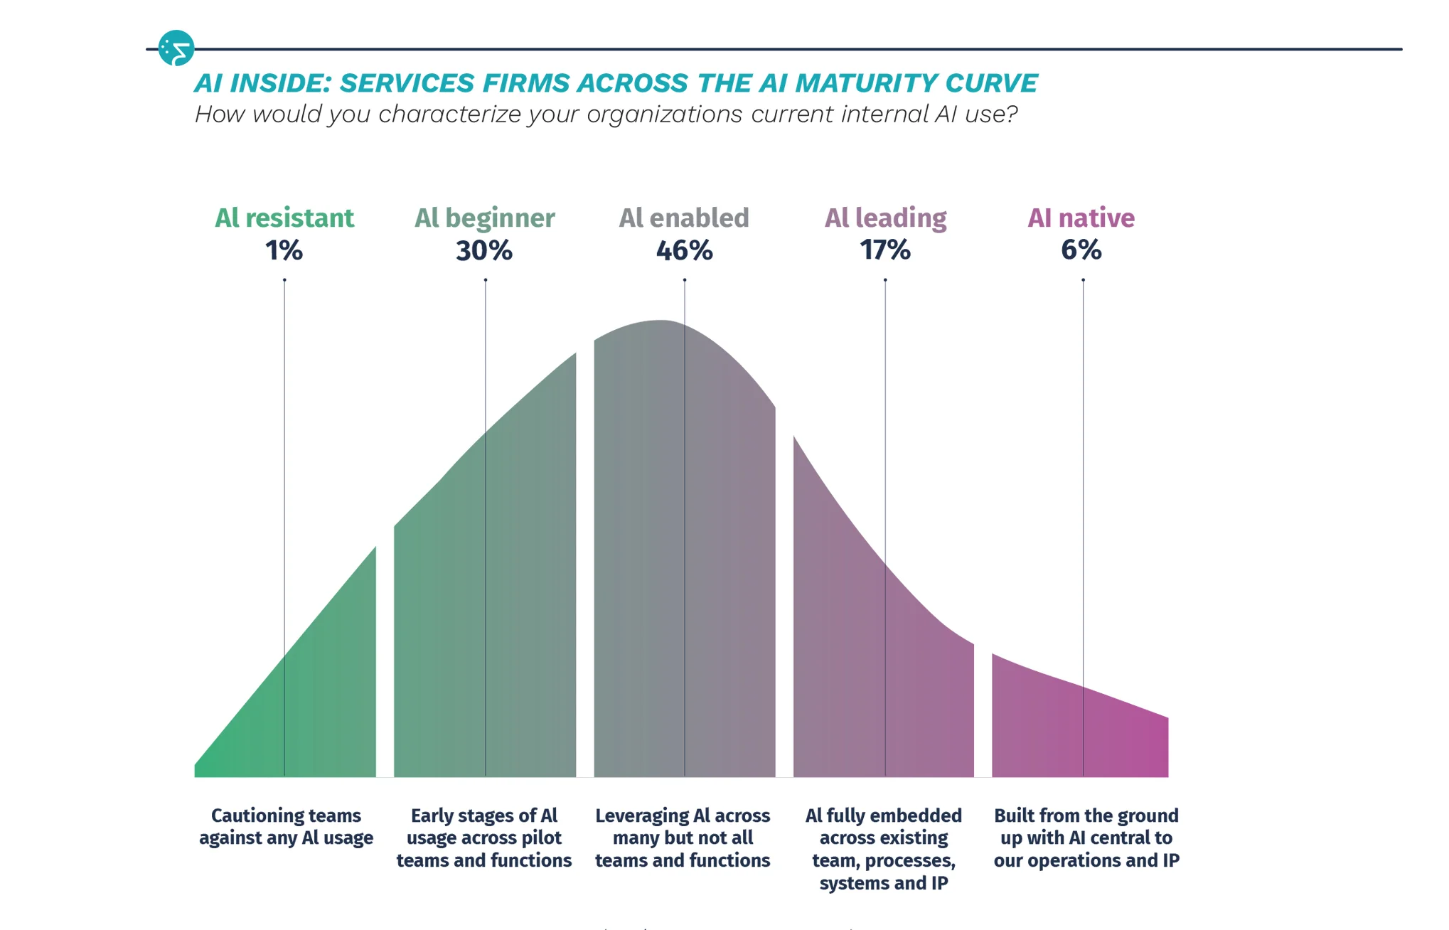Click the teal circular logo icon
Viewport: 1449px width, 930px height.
(176, 48)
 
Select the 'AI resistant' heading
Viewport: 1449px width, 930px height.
(284, 218)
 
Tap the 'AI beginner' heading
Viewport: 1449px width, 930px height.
(485, 218)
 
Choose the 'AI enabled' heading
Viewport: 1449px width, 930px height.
(684, 218)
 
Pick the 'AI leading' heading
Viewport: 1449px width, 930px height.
(886, 218)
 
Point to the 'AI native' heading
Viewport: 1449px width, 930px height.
(1081, 218)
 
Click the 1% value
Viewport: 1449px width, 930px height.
(284, 250)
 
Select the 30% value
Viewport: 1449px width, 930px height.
(484, 250)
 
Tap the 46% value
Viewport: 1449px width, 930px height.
(684, 250)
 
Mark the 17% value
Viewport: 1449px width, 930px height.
(885, 250)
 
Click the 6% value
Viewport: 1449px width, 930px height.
(1081, 250)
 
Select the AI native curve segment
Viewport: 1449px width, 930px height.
(1080, 732)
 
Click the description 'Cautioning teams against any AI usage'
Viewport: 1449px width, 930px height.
(286, 827)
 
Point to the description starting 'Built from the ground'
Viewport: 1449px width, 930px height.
(1086, 838)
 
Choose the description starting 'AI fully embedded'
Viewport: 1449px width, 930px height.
(884, 849)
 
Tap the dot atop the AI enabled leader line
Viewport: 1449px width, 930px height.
(685, 280)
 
